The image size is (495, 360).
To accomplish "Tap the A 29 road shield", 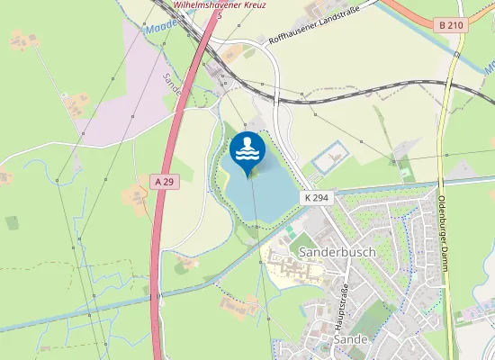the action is click(163, 182).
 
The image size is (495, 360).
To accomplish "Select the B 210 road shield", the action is click(453, 26).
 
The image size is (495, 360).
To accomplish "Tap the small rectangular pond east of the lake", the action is click(328, 160).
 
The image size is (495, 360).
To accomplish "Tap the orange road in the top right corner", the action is click(405, 13).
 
